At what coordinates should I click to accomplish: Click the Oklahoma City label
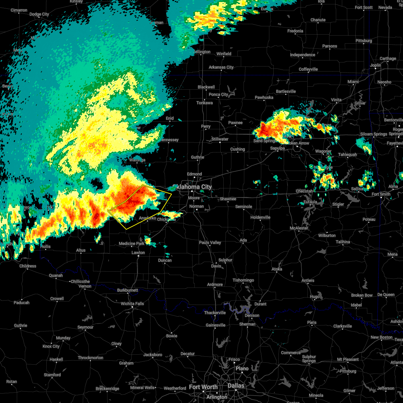tap(192, 187)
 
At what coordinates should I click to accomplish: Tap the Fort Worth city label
tap(203, 387)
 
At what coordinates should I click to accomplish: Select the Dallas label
tap(236, 386)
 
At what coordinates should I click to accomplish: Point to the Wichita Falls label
tap(132, 304)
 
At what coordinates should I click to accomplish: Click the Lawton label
tap(138, 253)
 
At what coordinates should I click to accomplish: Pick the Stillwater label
tap(220, 139)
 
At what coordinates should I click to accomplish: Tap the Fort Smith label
tap(381, 194)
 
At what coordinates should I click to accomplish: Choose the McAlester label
tap(299, 228)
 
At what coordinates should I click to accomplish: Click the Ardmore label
tap(215, 284)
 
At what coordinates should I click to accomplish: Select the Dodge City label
tap(39, 14)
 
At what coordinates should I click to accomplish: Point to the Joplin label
tap(375, 65)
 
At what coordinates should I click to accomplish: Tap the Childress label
tap(28, 266)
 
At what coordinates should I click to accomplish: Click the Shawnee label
tap(228, 199)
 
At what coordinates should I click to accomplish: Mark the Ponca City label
tap(218, 94)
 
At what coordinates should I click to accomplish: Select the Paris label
tap(312, 322)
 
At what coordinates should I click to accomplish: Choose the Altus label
tap(81, 250)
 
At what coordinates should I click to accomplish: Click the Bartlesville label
tap(286, 91)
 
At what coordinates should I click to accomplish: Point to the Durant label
tap(260, 304)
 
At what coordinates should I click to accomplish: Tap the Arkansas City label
tap(221, 67)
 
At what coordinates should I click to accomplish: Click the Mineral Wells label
tap(142, 388)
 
